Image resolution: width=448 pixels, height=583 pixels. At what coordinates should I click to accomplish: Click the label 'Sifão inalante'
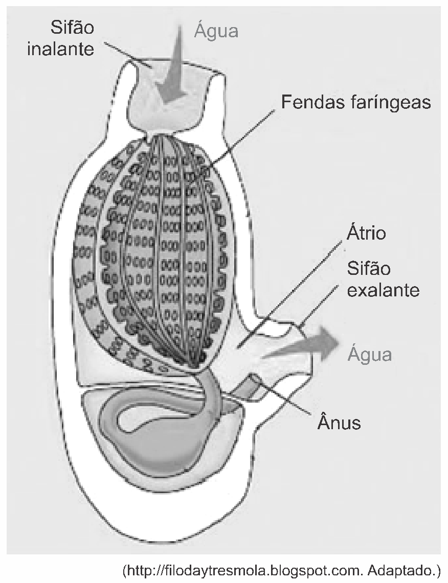(61, 39)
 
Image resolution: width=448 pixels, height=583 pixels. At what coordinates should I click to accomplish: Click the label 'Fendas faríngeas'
(356, 102)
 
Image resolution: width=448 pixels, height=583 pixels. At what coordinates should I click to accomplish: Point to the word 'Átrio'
(367, 233)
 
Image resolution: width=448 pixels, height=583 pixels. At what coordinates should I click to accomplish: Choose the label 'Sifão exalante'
(383, 279)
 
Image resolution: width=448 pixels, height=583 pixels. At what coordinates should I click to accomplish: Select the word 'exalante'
(383, 289)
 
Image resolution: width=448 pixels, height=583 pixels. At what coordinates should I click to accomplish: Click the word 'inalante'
(61, 49)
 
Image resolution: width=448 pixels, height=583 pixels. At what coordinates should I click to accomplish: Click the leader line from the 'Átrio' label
(290, 291)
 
